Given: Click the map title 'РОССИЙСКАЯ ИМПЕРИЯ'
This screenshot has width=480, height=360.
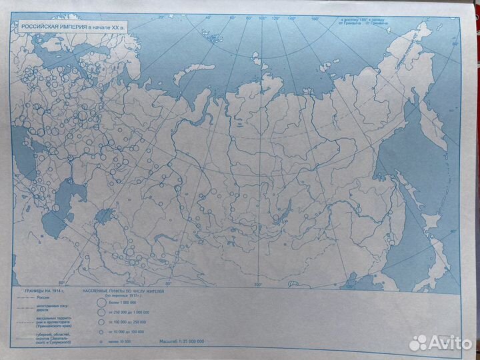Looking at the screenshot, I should [57, 26].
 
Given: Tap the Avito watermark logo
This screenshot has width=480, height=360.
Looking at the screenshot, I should [441, 343].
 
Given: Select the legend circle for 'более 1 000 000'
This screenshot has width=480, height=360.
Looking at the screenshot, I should [101, 302].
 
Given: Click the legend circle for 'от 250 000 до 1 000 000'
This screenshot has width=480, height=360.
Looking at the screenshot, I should [101, 313].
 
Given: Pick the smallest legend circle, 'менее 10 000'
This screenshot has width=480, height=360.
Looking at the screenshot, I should [101, 341].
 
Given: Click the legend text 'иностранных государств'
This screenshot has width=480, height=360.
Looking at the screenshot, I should [51, 308].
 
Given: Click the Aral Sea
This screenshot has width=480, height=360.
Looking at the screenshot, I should [106, 215].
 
